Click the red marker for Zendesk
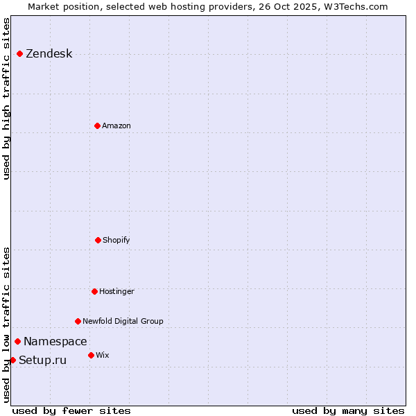coord(19,53)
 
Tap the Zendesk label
coord(49,54)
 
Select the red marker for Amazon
coord(97,125)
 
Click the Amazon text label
coord(116,126)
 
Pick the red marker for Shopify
coord(98,240)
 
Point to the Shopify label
coord(116,241)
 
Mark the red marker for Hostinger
coord(94,291)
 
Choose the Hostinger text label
coord(116,292)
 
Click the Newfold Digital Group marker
coord(78,321)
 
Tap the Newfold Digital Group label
coord(123,322)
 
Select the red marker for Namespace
coord(17,341)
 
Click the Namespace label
coord(55,342)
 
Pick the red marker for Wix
coord(91,355)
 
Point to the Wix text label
coord(103,356)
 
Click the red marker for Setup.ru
coord(12,360)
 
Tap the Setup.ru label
coord(43,361)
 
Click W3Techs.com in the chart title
coord(358,6)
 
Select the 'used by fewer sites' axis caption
coord(71,410)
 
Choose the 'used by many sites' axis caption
coord(348,410)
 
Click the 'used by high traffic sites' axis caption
coord(6,98)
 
